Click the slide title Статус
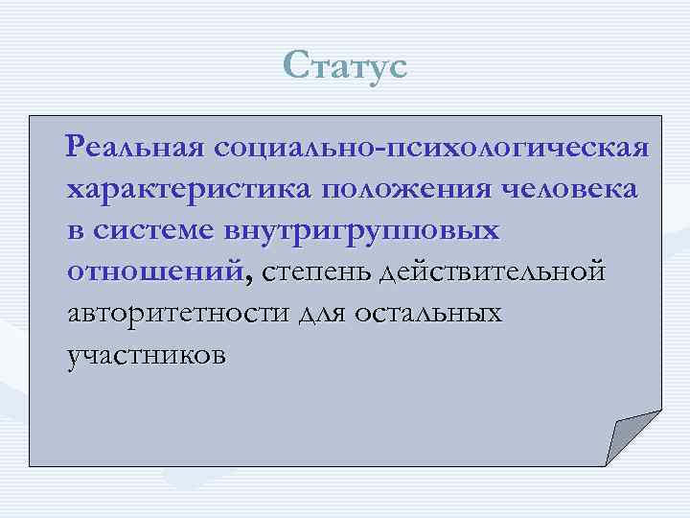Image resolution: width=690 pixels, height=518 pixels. [345, 67]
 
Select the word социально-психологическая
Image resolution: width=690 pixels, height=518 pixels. [432, 150]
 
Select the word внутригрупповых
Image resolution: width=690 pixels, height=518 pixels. [361, 232]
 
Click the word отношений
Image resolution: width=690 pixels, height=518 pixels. [154, 272]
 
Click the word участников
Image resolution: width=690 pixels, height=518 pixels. [147, 355]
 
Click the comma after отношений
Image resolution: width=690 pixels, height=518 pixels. [249, 280]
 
